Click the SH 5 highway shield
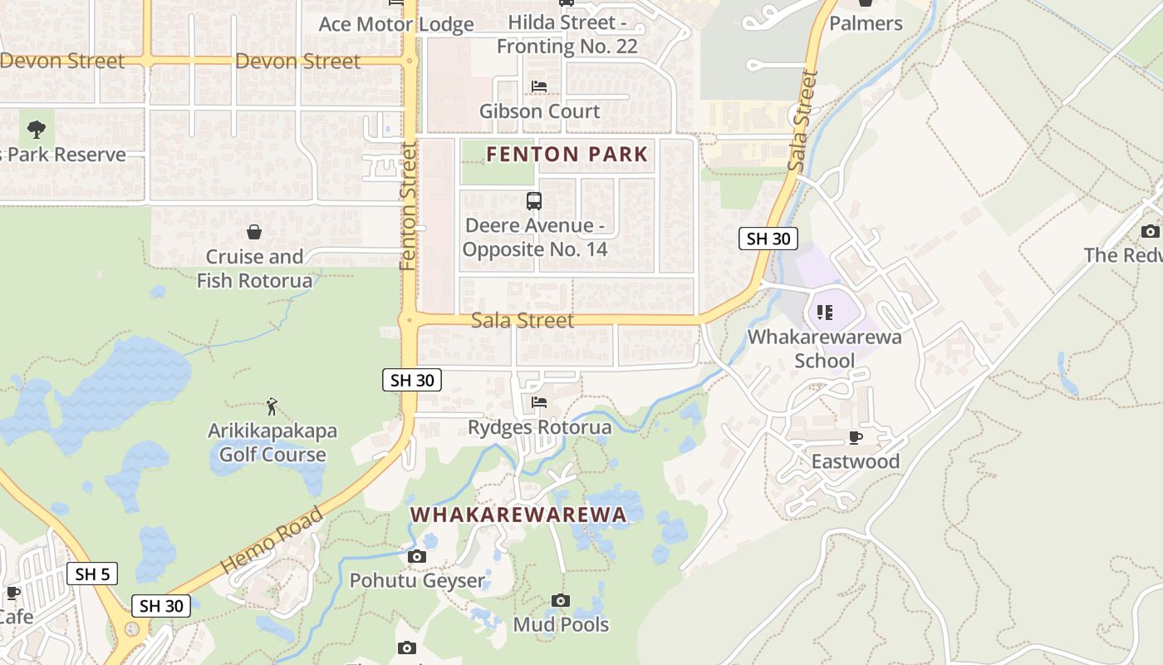[x=92, y=574]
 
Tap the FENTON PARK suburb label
[x=567, y=154]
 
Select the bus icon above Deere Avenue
[x=534, y=201]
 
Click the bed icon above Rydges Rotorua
[x=539, y=403]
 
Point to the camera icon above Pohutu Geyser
[x=417, y=556]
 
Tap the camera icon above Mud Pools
[x=561, y=600]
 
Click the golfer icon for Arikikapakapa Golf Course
[x=272, y=406]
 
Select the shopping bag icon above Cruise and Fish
[x=254, y=232]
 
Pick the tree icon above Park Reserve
[x=37, y=130]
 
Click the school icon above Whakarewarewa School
[x=824, y=313]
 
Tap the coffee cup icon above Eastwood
[x=856, y=437]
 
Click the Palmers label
[x=866, y=23]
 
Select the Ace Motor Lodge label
[x=396, y=24]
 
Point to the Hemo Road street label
[x=271, y=541]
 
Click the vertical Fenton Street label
[x=407, y=206]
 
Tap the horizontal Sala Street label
[x=523, y=320]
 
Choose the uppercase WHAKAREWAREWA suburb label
[x=518, y=515]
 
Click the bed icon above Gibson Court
[x=539, y=86]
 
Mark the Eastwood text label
[x=855, y=461]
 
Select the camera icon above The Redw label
[x=1151, y=231]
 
